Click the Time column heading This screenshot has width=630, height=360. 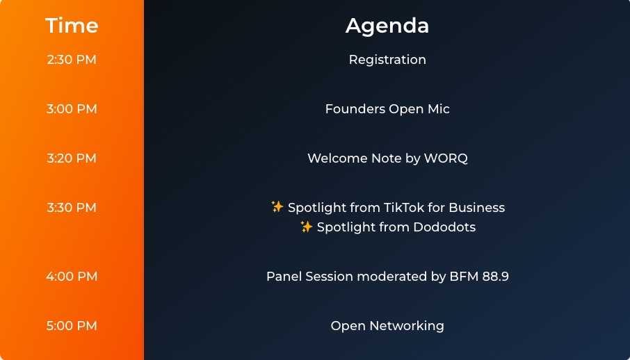pyautogui.click(x=72, y=25)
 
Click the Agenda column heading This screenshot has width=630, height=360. pyautogui.click(x=387, y=26)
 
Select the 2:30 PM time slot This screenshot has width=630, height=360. pyautogui.click(x=72, y=60)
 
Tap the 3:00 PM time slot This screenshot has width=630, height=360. pyautogui.click(x=72, y=109)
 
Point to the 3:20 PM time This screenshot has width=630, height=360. pyautogui.click(x=72, y=158)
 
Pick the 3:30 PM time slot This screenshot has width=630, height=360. pyautogui.click(x=72, y=208)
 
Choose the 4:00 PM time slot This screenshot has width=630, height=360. pyautogui.click(x=72, y=277)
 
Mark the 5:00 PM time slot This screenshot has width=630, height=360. pyautogui.click(x=72, y=326)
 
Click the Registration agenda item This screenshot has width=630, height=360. pyautogui.click(x=387, y=60)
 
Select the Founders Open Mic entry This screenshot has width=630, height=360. pyautogui.click(x=387, y=109)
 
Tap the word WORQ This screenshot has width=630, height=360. pyautogui.click(x=446, y=158)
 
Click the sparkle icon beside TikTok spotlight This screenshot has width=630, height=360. pyautogui.click(x=277, y=206)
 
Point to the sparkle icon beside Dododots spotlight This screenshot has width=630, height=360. pyautogui.click(x=306, y=226)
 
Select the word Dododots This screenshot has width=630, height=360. pyautogui.click(x=444, y=227)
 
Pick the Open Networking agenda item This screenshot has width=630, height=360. pyautogui.click(x=387, y=326)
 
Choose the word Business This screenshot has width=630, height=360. pyautogui.click(x=476, y=208)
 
